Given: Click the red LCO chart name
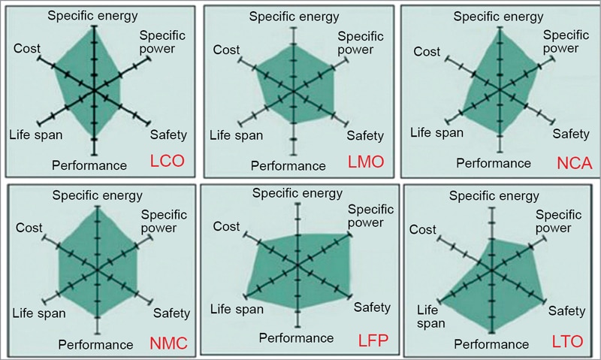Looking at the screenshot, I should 168,160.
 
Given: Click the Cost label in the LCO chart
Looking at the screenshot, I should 27,49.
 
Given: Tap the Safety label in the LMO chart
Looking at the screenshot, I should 364,135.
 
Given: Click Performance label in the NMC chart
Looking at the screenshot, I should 95,345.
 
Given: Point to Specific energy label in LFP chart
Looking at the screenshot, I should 297,193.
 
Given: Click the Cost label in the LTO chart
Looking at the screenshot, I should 426,229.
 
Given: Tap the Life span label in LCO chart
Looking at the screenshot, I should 36,135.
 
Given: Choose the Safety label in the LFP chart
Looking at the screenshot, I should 372,307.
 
